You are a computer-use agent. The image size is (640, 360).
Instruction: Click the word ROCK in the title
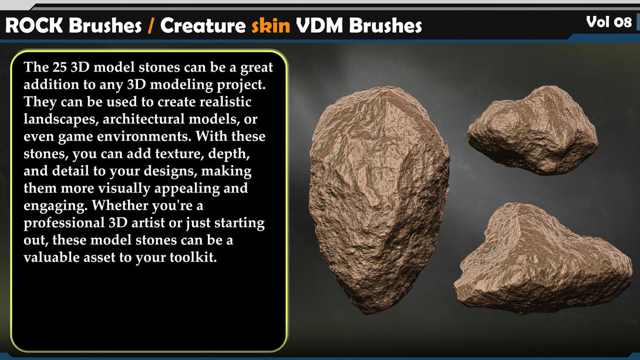click(34, 26)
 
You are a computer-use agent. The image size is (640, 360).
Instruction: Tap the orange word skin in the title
click(271, 25)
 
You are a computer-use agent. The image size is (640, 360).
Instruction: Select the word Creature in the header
click(203, 26)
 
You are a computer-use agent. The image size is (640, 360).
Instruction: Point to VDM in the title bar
click(319, 26)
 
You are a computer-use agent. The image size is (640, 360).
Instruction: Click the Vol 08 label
click(608, 22)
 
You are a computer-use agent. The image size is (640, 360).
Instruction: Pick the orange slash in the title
click(151, 26)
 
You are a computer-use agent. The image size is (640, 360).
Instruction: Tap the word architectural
click(142, 119)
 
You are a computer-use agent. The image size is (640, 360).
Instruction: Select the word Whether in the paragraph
click(119, 205)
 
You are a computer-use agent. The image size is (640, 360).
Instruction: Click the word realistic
click(225, 102)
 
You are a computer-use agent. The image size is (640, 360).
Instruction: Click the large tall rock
click(378, 198)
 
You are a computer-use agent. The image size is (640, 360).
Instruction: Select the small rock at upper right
click(532, 130)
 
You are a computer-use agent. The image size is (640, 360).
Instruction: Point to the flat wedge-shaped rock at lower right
click(543, 261)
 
